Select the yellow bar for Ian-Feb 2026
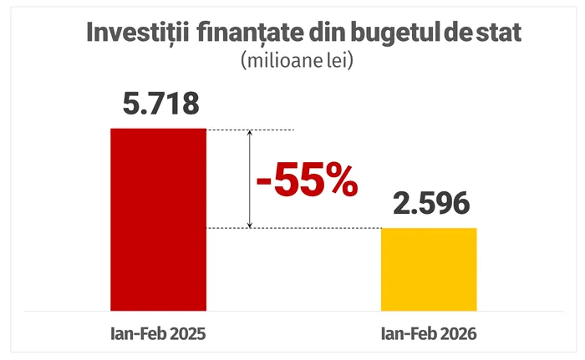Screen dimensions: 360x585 point(429,268)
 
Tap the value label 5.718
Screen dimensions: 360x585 point(160,105)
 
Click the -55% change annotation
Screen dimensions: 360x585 point(307,180)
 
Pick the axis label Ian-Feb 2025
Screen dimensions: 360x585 point(158,333)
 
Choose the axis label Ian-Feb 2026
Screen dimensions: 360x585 point(429,333)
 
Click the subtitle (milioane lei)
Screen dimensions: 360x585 point(292,61)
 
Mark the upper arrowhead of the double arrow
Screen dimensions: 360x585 point(249,134)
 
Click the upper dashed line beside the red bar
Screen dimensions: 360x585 point(267,129)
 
